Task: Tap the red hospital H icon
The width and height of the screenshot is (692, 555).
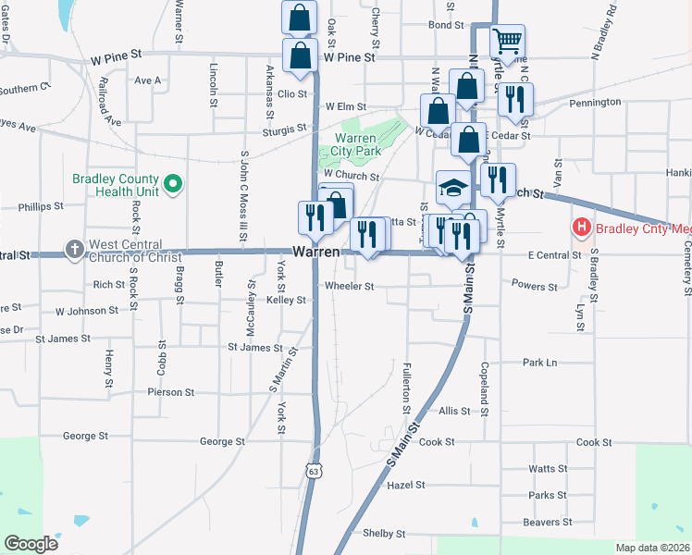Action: coord(581,226)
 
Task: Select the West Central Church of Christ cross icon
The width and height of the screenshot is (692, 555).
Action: coord(75,249)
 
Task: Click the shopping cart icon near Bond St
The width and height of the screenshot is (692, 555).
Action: coord(506,42)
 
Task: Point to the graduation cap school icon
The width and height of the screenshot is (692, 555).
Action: coord(453,189)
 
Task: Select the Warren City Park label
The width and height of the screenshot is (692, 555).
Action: coord(356,144)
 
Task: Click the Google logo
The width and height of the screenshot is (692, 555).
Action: coord(31,543)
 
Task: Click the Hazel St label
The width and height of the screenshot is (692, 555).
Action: coord(405,484)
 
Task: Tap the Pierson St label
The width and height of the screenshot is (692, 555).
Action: coord(170,392)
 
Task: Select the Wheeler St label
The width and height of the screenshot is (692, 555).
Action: coord(349,287)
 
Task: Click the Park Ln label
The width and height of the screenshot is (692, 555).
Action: coord(539,363)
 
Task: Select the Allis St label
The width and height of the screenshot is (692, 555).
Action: coord(454,410)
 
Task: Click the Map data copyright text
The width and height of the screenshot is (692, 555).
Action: coord(651,547)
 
